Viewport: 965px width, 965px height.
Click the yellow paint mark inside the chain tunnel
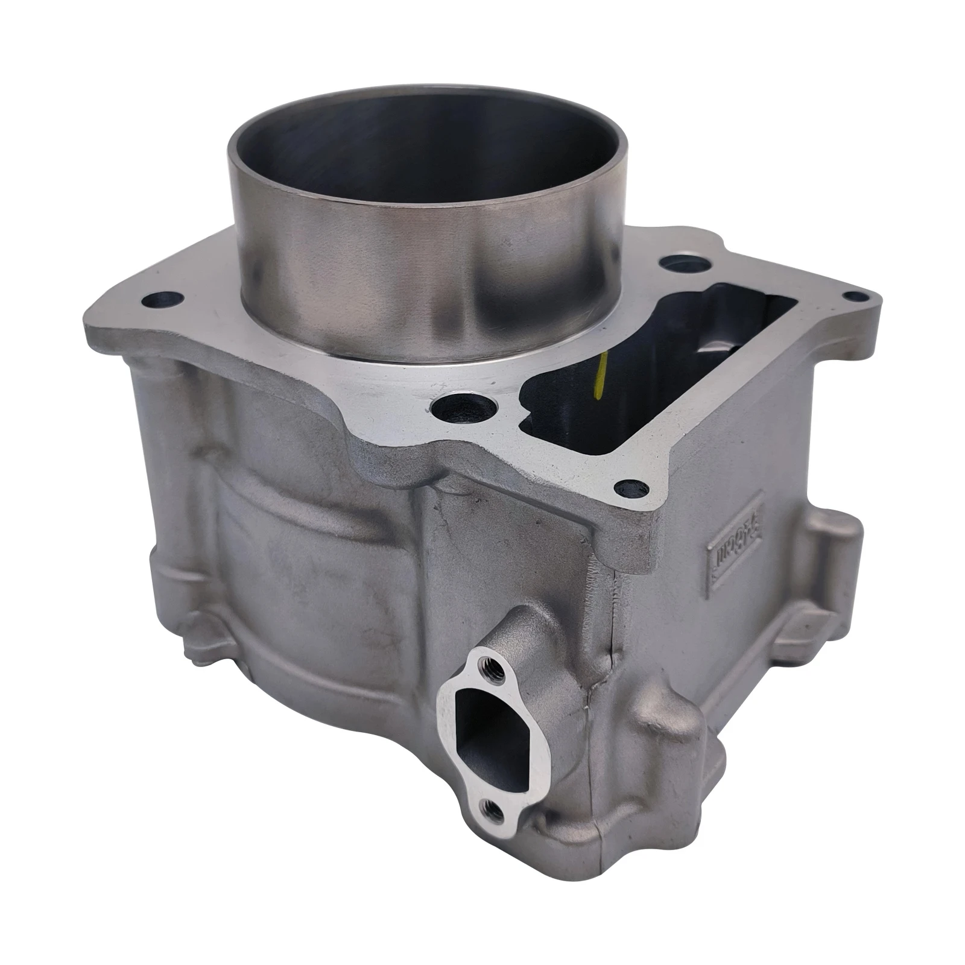tap(598, 378)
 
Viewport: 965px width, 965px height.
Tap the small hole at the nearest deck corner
tap(631, 486)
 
